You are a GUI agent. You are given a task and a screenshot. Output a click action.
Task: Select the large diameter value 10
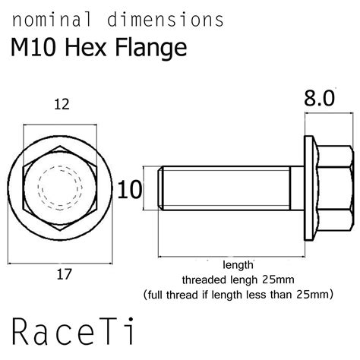pos(131,189)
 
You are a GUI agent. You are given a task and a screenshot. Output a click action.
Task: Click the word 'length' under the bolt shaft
pos(238,265)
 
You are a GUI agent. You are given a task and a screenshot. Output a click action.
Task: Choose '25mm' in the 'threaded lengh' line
pos(276,279)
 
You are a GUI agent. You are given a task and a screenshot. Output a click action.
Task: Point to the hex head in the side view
pos(335,185)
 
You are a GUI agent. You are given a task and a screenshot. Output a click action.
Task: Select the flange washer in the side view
pos(310,185)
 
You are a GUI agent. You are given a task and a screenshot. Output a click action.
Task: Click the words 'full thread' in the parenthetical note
pos(176,292)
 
